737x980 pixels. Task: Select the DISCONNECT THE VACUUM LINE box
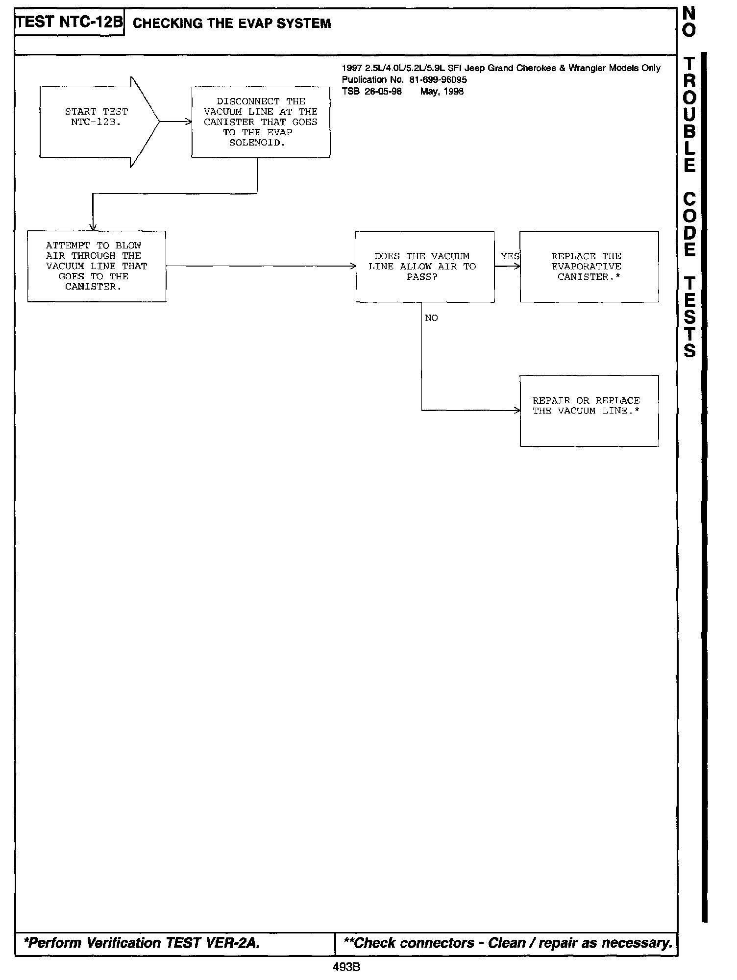click(260, 122)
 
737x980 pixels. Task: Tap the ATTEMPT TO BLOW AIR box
click(97, 266)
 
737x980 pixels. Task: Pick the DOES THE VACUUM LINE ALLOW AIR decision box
click(424, 266)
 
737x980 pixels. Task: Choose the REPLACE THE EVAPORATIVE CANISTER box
click(589, 266)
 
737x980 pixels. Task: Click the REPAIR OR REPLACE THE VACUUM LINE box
click(589, 410)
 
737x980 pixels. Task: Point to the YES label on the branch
click(510, 256)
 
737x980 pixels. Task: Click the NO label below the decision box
click(431, 318)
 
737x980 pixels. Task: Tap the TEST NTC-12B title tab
click(69, 23)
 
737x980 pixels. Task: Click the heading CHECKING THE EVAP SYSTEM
click(232, 24)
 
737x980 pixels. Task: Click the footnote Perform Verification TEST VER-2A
click(142, 943)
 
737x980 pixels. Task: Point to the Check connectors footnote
click(507, 943)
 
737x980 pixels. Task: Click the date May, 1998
click(442, 92)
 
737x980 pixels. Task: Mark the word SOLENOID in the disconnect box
click(257, 143)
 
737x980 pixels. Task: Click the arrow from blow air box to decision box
click(260, 266)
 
